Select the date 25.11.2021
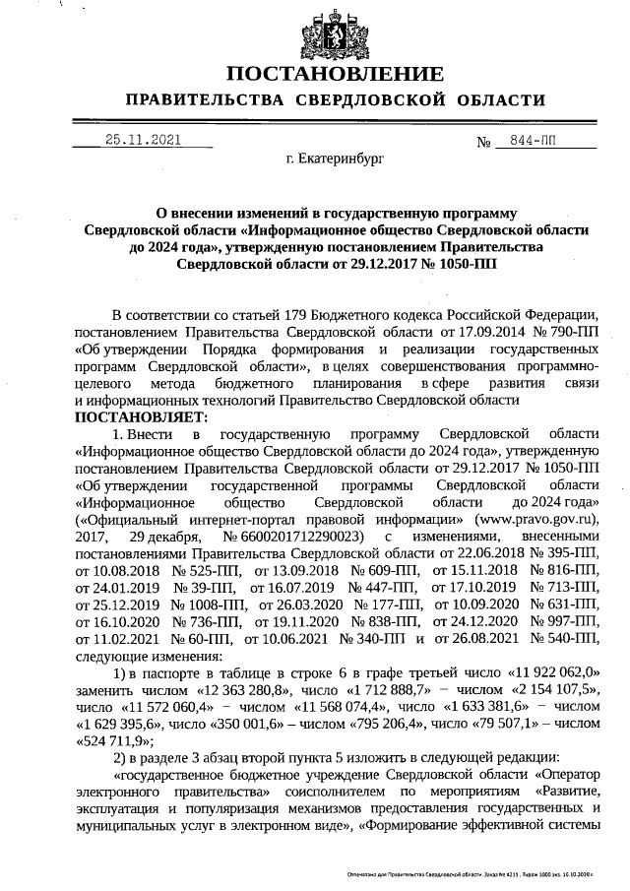[x=143, y=140]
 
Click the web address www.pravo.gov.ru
[x=537, y=518]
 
